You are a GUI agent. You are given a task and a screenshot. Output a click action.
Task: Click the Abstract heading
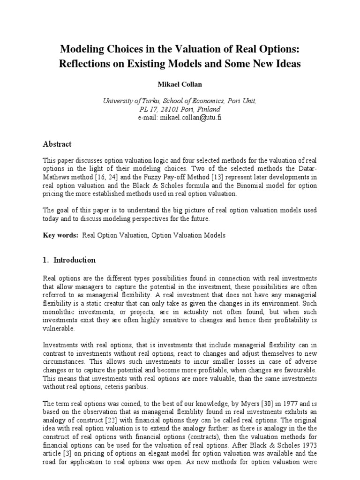click(x=57, y=144)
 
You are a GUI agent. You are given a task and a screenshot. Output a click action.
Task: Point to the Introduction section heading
click(x=75, y=260)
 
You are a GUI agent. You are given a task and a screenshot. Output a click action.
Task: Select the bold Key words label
click(x=60, y=235)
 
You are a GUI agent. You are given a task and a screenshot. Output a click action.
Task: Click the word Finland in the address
click(x=208, y=109)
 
